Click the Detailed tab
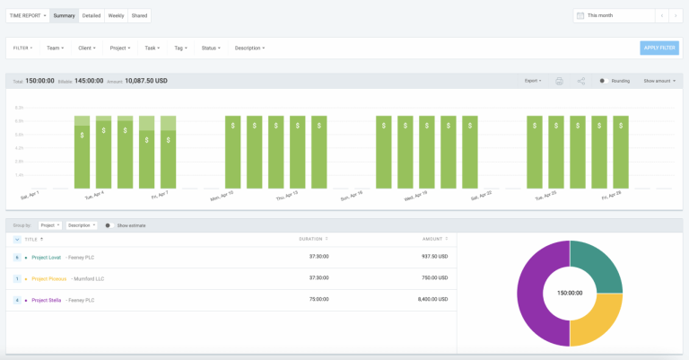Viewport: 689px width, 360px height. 92,15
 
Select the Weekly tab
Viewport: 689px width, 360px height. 116,15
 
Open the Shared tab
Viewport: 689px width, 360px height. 139,15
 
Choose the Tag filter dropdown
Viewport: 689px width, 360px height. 180,48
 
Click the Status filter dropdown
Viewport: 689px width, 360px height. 211,48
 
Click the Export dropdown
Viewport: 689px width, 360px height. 533,81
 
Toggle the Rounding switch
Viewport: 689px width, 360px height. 603,81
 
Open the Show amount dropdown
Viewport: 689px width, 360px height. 659,81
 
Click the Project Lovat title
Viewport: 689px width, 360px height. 46,257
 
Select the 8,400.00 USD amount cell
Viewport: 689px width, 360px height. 429,300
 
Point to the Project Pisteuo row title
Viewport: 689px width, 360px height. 48,278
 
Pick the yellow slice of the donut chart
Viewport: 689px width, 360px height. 598,319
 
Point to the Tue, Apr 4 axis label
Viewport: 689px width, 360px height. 94,194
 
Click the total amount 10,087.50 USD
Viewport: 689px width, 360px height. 137,81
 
